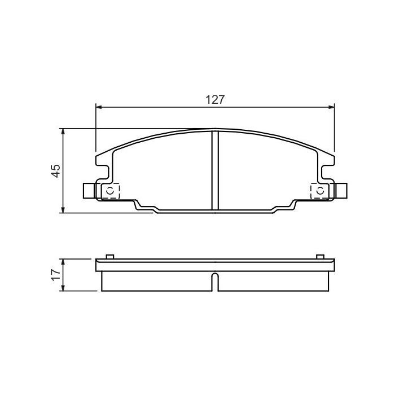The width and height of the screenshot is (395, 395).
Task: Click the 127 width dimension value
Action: pos(215,100)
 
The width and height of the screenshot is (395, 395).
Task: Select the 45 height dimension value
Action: pos(55,171)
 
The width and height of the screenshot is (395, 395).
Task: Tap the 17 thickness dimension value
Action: pos(55,275)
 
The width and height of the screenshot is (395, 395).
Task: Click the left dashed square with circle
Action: pos(111,191)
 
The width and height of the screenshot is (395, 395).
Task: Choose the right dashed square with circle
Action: pos(319,191)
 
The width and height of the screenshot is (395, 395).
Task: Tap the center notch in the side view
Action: pos(215,282)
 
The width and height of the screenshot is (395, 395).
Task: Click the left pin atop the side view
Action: pos(111,257)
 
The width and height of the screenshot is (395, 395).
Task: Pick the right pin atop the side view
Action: pos(320,257)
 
